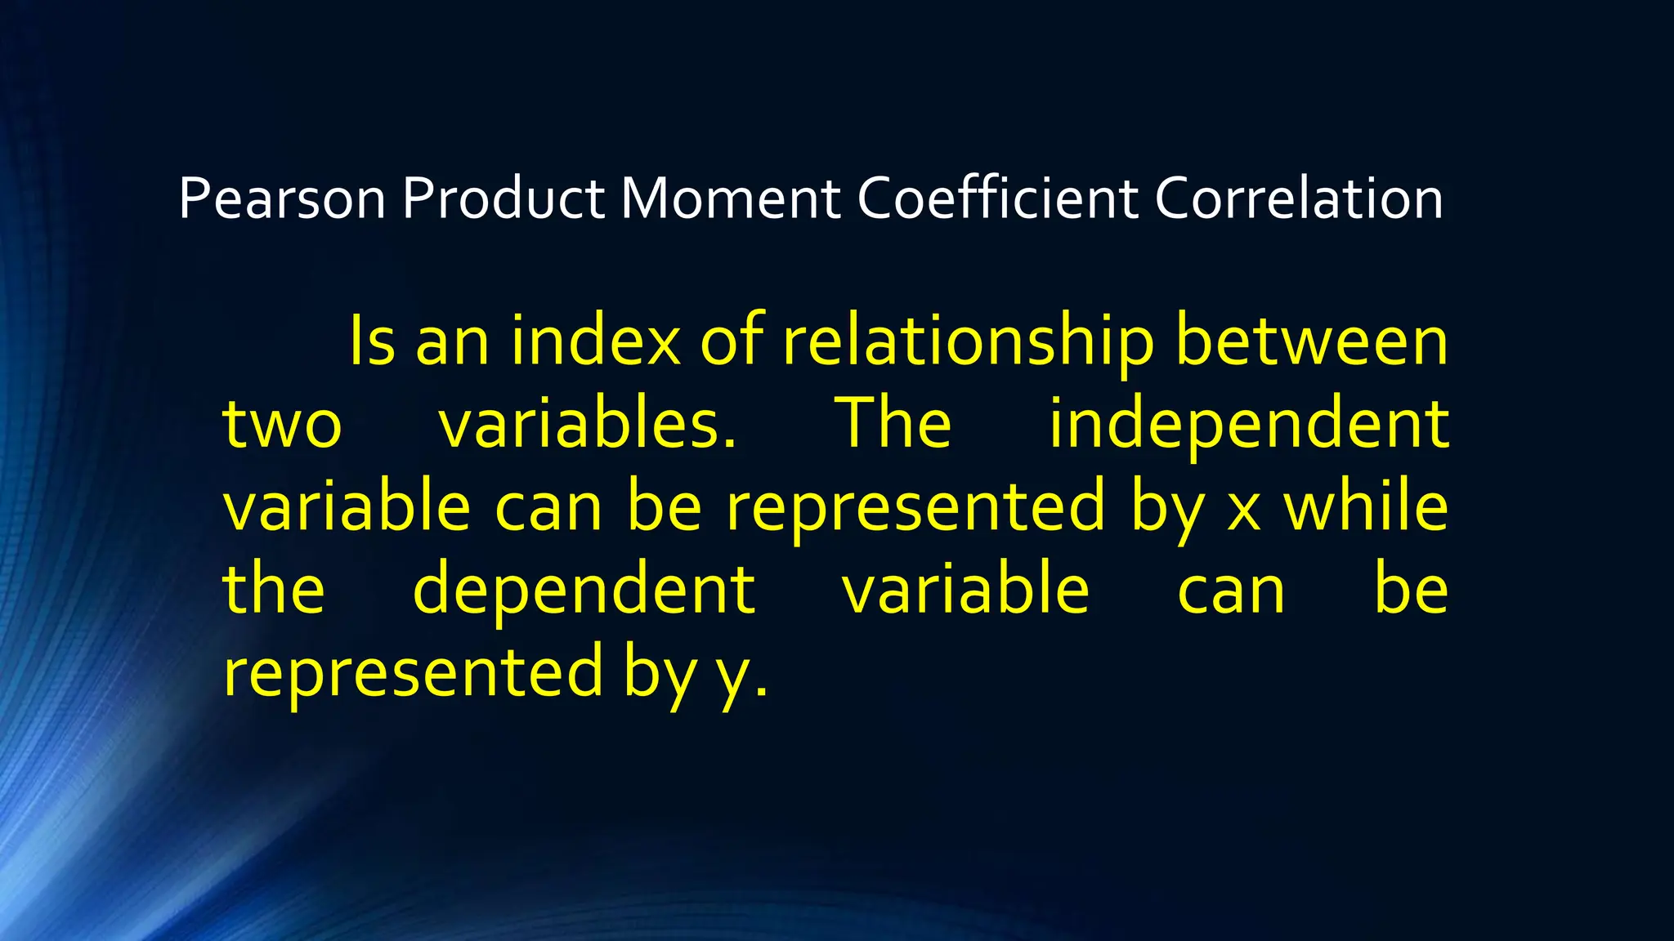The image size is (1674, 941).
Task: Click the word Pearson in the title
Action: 282,199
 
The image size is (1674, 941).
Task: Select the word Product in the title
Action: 503,199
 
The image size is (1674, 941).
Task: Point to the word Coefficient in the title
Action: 997,199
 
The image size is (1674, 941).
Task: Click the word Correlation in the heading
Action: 1299,199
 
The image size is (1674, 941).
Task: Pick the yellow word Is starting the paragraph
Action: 372,341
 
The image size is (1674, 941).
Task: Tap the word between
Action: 1312,341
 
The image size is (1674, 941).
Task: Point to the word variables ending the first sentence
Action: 587,425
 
